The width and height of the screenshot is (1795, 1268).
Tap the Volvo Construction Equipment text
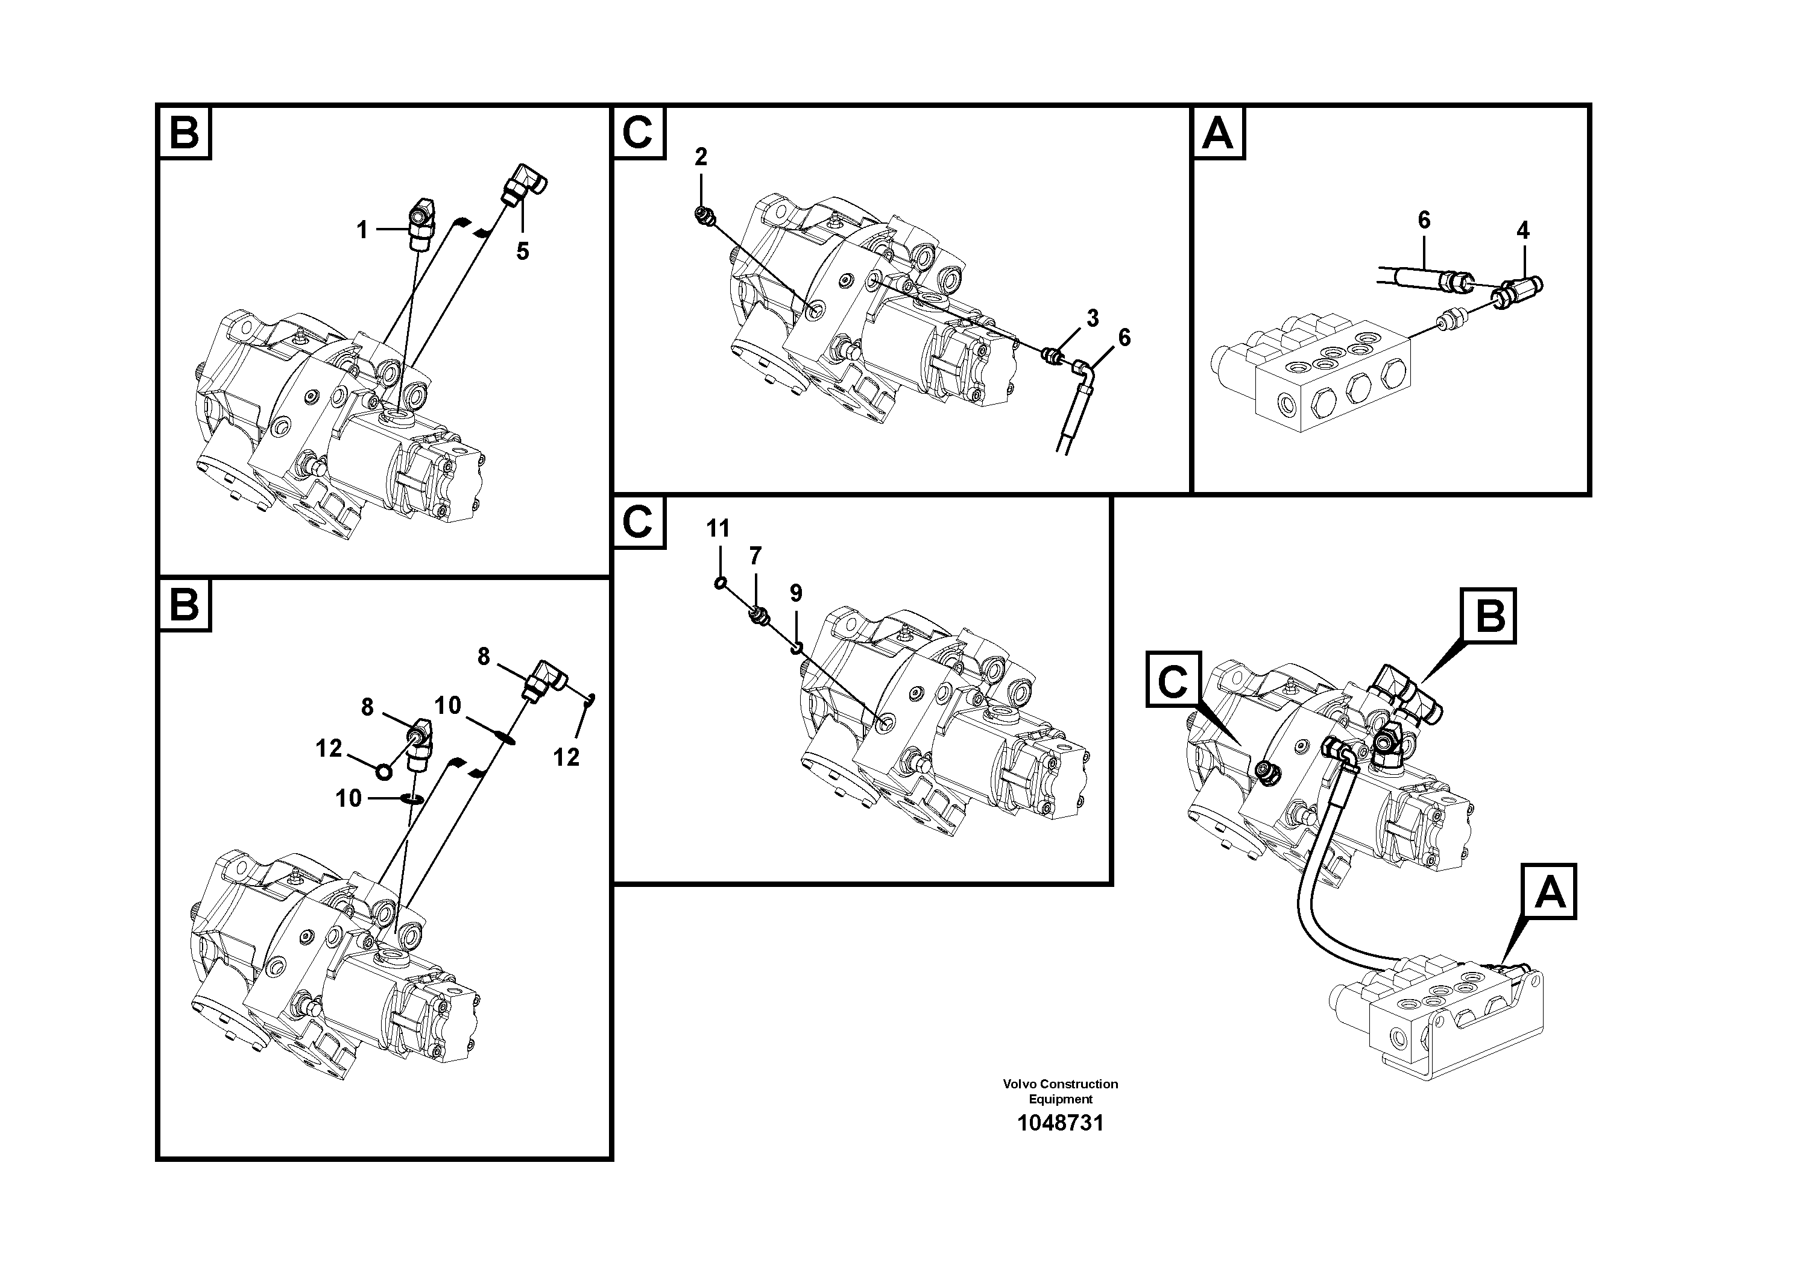pyautogui.click(x=1060, y=1091)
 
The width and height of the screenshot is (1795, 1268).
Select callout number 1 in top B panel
pyautogui.click(x=362, y=230)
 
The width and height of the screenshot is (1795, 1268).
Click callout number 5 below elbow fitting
pyautogui.click(x=522, y=251)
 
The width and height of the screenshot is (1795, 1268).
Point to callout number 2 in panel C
pyautogui.click(x=701, y=157)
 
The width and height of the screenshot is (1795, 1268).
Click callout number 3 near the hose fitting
pyautogui.click(x=1092, y=318)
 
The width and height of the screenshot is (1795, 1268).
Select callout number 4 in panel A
pyautogui.click(x=1522, y=230)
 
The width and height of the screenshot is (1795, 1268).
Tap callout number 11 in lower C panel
pyautogui.click(x=718, y=529)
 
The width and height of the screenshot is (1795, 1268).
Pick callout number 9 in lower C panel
pyautogui.click(x=795, y=593)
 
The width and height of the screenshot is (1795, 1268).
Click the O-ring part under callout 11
pyautogui.click(x=720, y=582)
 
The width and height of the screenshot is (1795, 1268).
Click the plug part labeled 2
pyautogui.click(x=704, y=216)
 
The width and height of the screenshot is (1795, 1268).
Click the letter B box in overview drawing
pyautogui.click(x=1489, y=616)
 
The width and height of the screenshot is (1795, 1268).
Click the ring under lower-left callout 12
pyautogui.click(x=384, y=772)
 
